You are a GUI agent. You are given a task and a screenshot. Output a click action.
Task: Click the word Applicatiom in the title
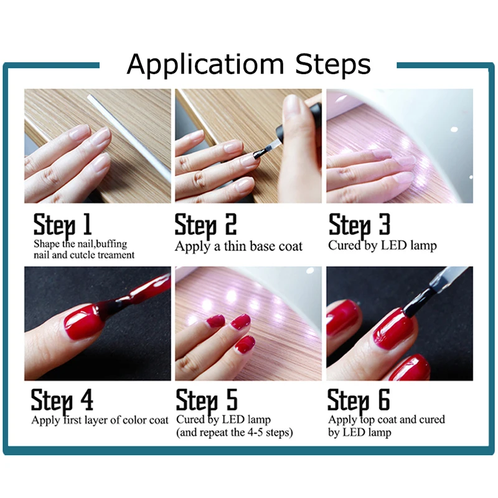[205, 65]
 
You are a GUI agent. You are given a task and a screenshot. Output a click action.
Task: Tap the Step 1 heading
[63, 225]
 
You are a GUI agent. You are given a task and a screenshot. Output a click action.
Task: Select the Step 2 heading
[205, 225]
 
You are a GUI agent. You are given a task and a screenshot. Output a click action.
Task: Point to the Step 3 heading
[359, 225]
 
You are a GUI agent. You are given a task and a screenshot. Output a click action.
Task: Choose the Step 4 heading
[62, 401]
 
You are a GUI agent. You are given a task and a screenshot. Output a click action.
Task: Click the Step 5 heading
[207, 401]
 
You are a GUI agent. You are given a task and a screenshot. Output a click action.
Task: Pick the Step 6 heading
[359, 401]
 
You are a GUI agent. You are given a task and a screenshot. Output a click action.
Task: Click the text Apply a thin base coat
[238, 247]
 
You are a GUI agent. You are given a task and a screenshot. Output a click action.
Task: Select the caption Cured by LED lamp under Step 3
[382, 245]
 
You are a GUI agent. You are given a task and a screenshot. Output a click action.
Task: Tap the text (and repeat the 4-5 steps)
[235, 433]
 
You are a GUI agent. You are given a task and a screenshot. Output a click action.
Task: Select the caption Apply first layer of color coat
[100, 420]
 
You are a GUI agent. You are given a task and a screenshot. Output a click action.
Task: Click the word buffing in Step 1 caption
[111, 244]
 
